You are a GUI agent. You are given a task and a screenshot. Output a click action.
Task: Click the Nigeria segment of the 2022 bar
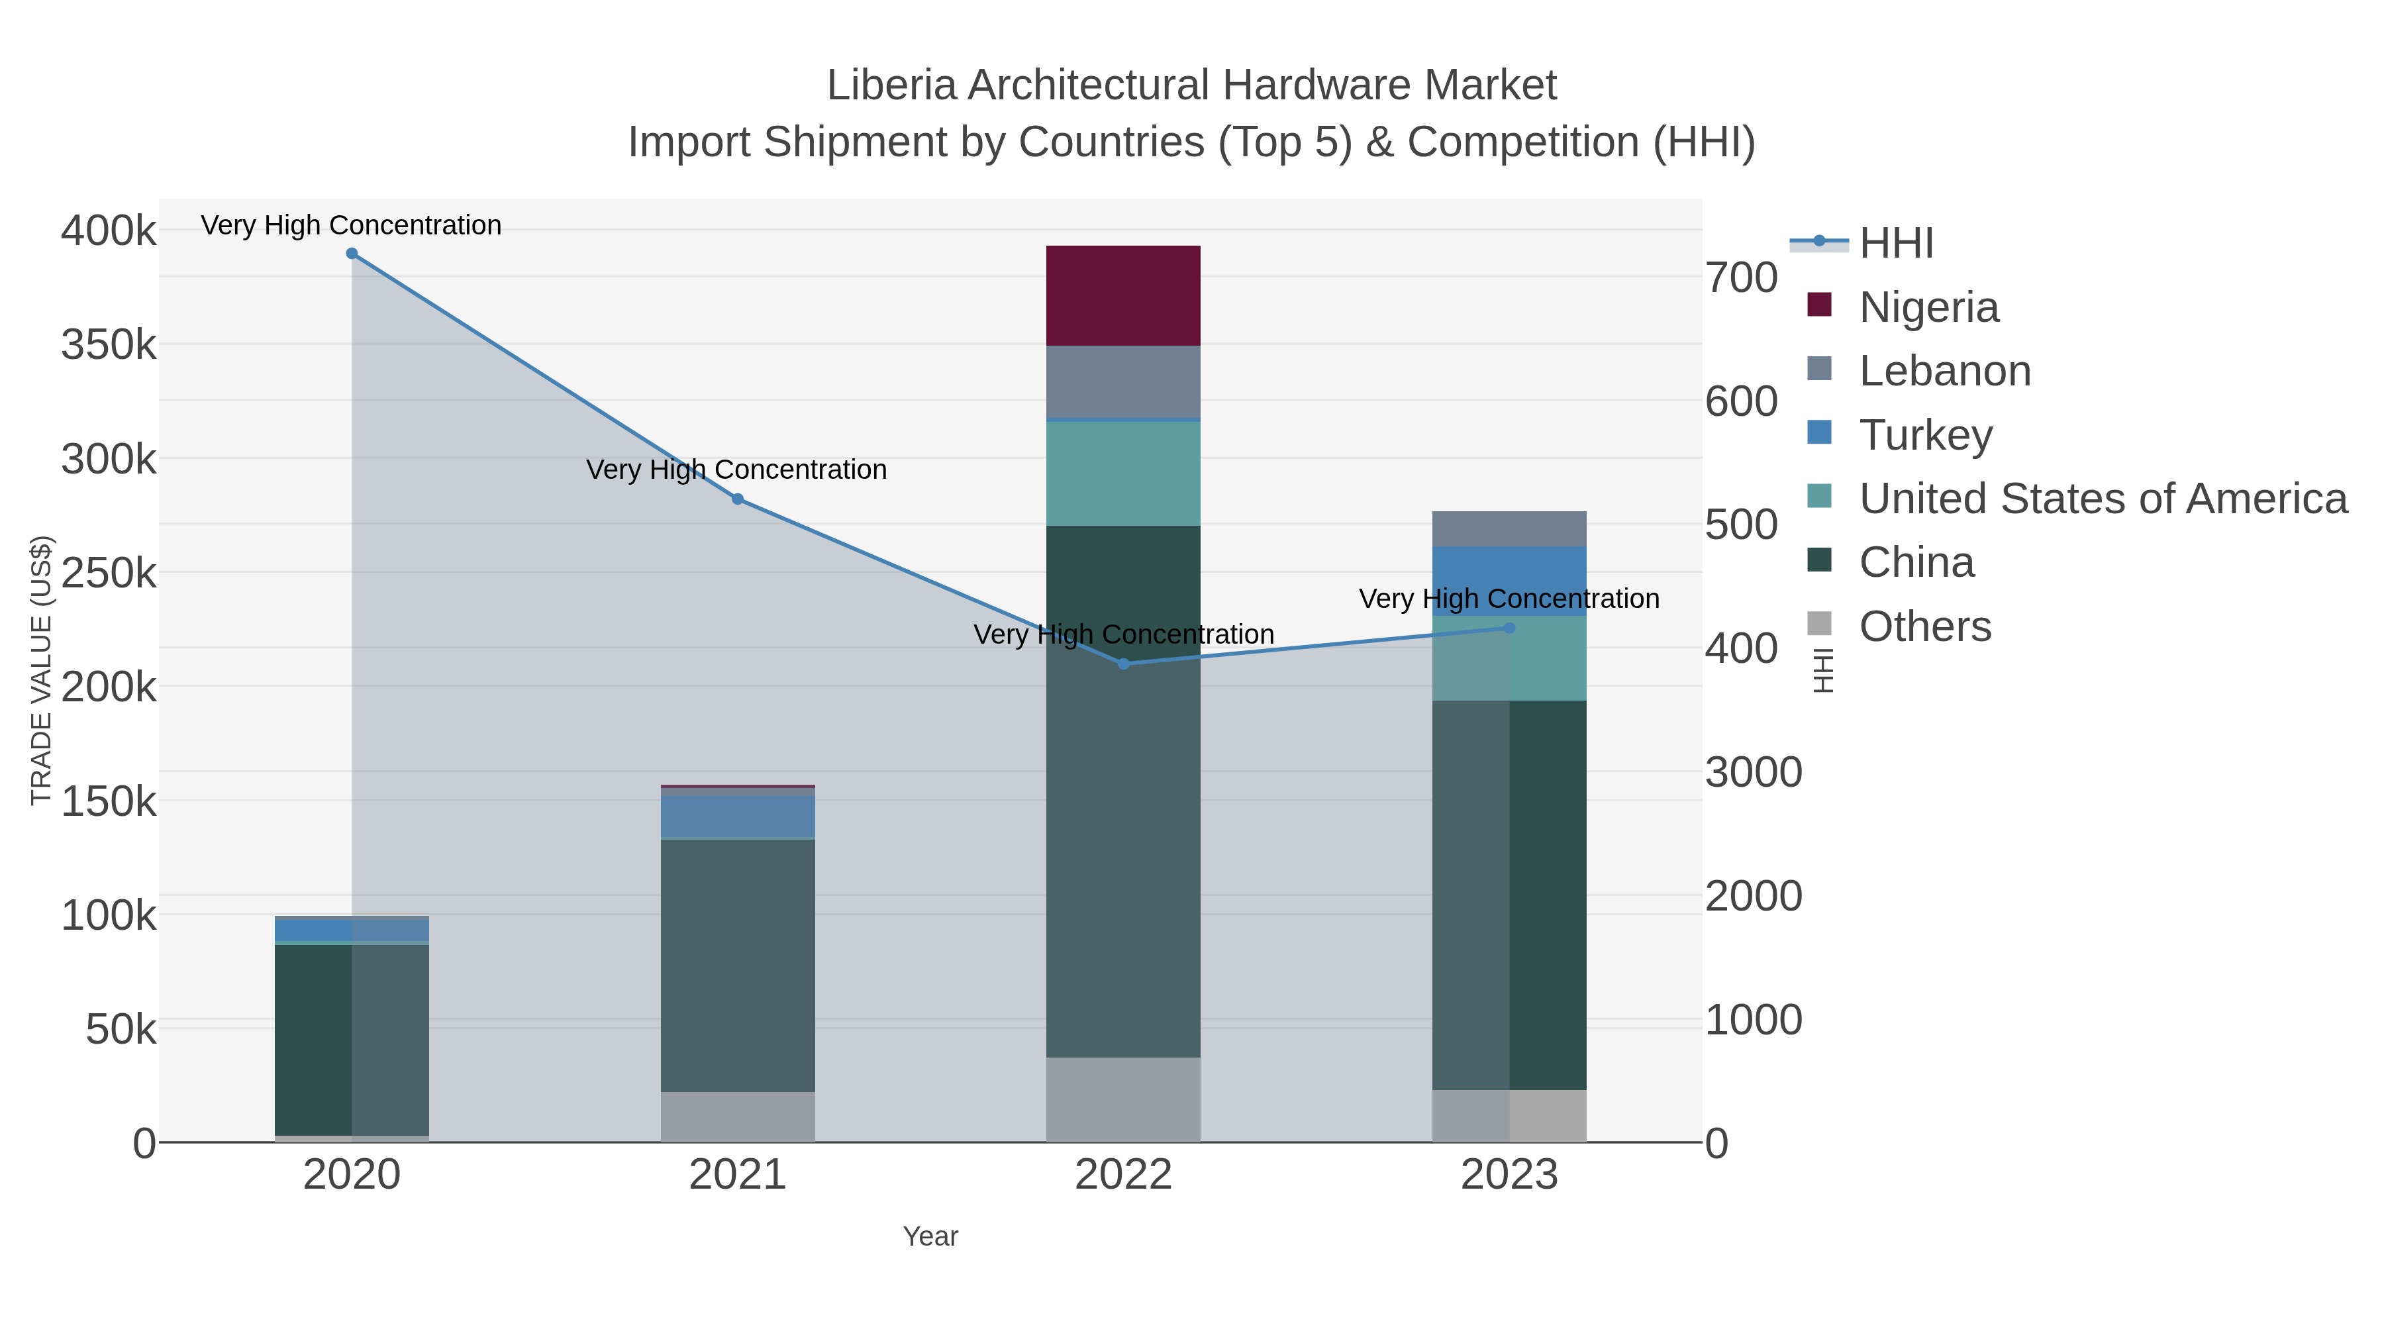pos(1122,295)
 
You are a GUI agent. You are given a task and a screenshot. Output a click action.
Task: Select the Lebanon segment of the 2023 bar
pos(1509,528)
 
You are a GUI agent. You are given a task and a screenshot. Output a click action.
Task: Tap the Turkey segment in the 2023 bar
pos(1509,580)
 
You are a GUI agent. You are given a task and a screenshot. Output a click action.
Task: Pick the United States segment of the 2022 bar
pos(1122,473)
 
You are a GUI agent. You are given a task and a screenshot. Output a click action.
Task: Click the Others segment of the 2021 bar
pos(738,1116)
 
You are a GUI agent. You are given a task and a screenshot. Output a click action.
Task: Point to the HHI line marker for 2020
pos(352,254)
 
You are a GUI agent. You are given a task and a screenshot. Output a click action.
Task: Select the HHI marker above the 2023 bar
pos(1509,628)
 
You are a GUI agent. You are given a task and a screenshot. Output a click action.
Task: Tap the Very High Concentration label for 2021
pos(736,470)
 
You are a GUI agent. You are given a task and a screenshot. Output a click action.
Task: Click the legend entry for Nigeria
pos(1928,307)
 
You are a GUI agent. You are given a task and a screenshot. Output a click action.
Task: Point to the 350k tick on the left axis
pos(109,344)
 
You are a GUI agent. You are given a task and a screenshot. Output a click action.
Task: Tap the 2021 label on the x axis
pos(738,1174)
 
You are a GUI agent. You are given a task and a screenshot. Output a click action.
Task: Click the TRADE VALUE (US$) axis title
pos(40,670)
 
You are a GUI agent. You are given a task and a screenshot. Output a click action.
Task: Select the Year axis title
pos(930,1236)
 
